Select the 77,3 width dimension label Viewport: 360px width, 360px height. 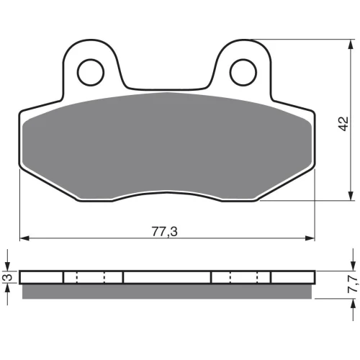(x=165, y=232)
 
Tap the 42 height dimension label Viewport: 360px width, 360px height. (x=343, y=124)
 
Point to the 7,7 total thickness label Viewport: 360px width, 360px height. (x=354, y=284)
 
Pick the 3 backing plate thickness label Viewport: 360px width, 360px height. (x=8, y=277)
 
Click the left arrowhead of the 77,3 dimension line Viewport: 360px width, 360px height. (x=24, y=238)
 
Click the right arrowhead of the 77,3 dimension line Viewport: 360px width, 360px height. (x=310, y=238)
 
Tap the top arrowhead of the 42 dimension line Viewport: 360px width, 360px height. (x=351, y=44)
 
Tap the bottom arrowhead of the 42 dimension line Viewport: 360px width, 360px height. (x=351, y=196)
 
